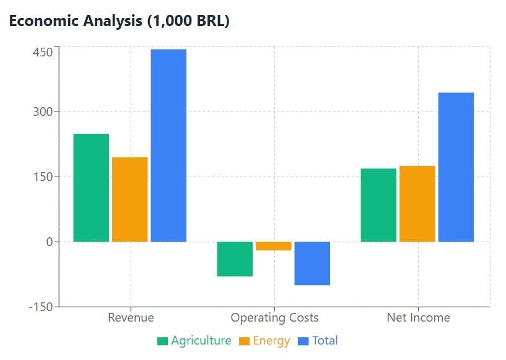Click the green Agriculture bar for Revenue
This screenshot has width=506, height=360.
tap(91, 187)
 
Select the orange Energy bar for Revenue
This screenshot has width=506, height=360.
tap(130, 199)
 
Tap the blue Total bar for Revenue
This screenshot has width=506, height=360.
tap(168, 145)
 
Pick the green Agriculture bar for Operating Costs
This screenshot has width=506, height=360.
tap(235, 258)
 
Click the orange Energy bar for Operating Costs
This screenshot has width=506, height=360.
tap(273, 246)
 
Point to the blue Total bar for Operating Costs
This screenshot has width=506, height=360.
tap(312, 263)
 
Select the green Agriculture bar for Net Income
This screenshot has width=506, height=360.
tap(378, 204)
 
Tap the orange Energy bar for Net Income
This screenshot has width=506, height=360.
tap(417, 203)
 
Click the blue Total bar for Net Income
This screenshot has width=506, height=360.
tap(456, 167)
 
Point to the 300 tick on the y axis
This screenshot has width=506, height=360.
tap(43, 112)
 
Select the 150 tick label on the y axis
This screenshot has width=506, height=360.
tap(43, 177)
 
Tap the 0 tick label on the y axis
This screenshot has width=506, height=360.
tap(49, 242)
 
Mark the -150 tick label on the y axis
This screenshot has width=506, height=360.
tap(40, 306)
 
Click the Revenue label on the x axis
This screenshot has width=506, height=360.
tap(131, 318)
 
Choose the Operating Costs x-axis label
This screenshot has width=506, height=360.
tap(274, 318)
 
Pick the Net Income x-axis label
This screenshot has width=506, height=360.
tap(418, 318)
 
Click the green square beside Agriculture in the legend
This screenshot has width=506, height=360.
tap(163, 341)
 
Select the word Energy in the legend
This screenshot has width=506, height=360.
tap(271, 340)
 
